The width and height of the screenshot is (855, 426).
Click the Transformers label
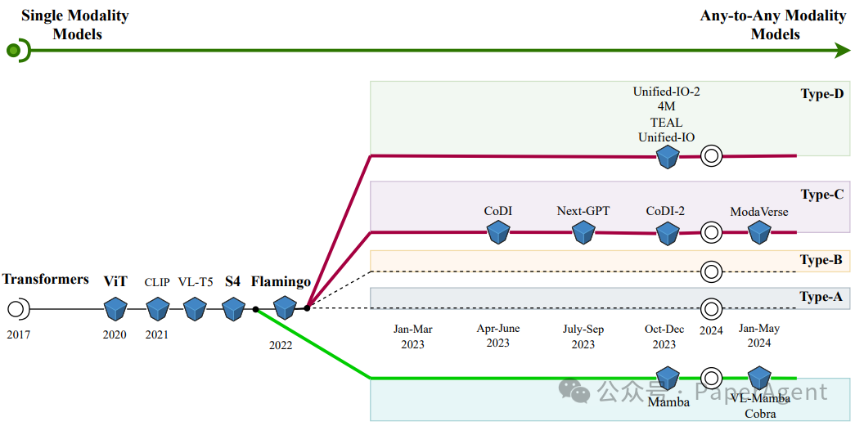[x=45, y=280]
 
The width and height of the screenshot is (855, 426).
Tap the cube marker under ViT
[x=116, y=309]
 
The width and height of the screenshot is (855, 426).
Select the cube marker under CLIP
[x=157, y=309]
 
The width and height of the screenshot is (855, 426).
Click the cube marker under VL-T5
[x=195, y=309]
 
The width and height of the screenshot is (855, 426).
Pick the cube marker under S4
[x=234, y=309]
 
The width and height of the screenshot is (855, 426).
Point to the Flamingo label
[x=281, y=282]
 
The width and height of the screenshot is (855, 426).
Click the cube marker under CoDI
[x=498, y=233]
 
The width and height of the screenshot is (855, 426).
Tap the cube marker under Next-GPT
[x=583, y=233]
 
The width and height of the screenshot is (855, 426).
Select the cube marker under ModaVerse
[x=760, y=233]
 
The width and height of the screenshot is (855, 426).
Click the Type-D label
[x=821, y=94]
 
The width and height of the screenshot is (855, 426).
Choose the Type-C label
[x=821, y=195]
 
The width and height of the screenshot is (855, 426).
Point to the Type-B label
[x=821, y=260]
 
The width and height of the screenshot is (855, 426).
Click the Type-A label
[x=821, y=297]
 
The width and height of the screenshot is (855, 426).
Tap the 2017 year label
[x=16, y=334]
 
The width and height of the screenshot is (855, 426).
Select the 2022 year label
[x=281, y=345]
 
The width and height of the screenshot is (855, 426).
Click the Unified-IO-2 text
[x=666, y=92]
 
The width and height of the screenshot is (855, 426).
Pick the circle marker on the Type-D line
[x=712, y=155]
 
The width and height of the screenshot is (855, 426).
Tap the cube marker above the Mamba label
[x=668, y=379]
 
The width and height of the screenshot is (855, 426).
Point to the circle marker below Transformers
[x=17, y=309]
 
